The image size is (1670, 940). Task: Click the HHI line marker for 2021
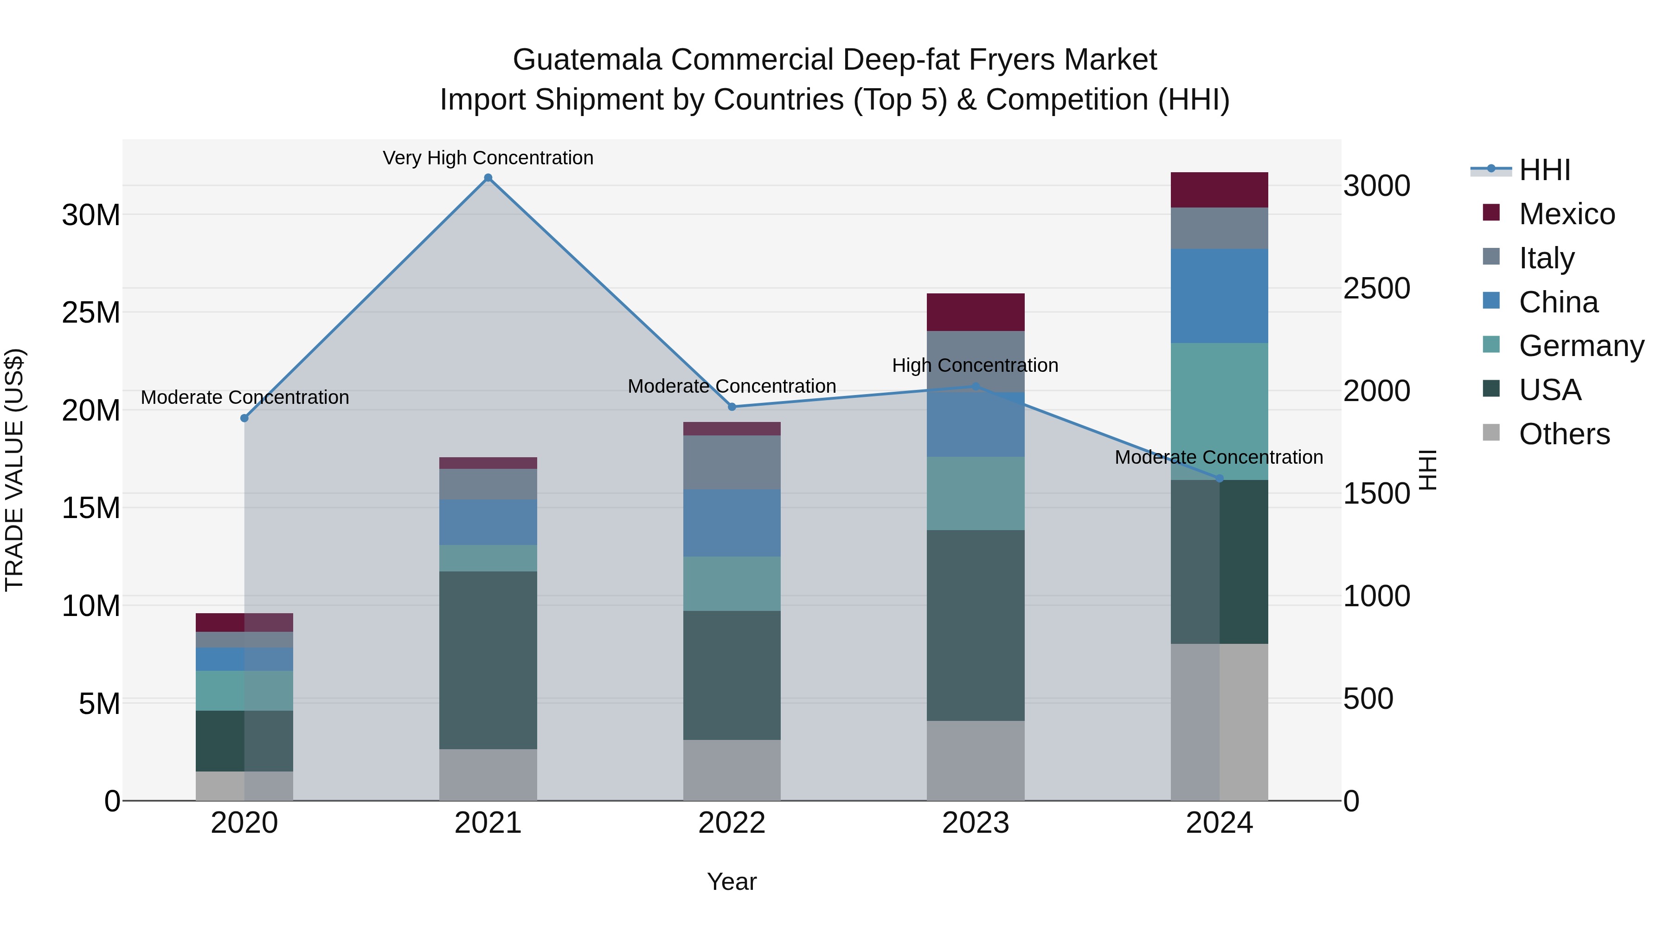point(488,178)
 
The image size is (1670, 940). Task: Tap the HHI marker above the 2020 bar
point(244,418)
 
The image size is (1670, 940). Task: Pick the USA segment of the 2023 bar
point(975,625)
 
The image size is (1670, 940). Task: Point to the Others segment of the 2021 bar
point(488,775)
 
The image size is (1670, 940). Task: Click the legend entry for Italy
point(1546,258)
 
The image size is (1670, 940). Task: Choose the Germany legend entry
point(1580,346)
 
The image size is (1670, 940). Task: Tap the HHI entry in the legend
point(1544,170)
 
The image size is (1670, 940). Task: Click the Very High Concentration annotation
point(488,158)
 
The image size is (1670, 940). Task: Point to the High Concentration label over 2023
point(975,365)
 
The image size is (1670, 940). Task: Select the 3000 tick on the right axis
point(1376,186)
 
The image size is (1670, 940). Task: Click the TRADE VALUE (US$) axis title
point(14,470)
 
